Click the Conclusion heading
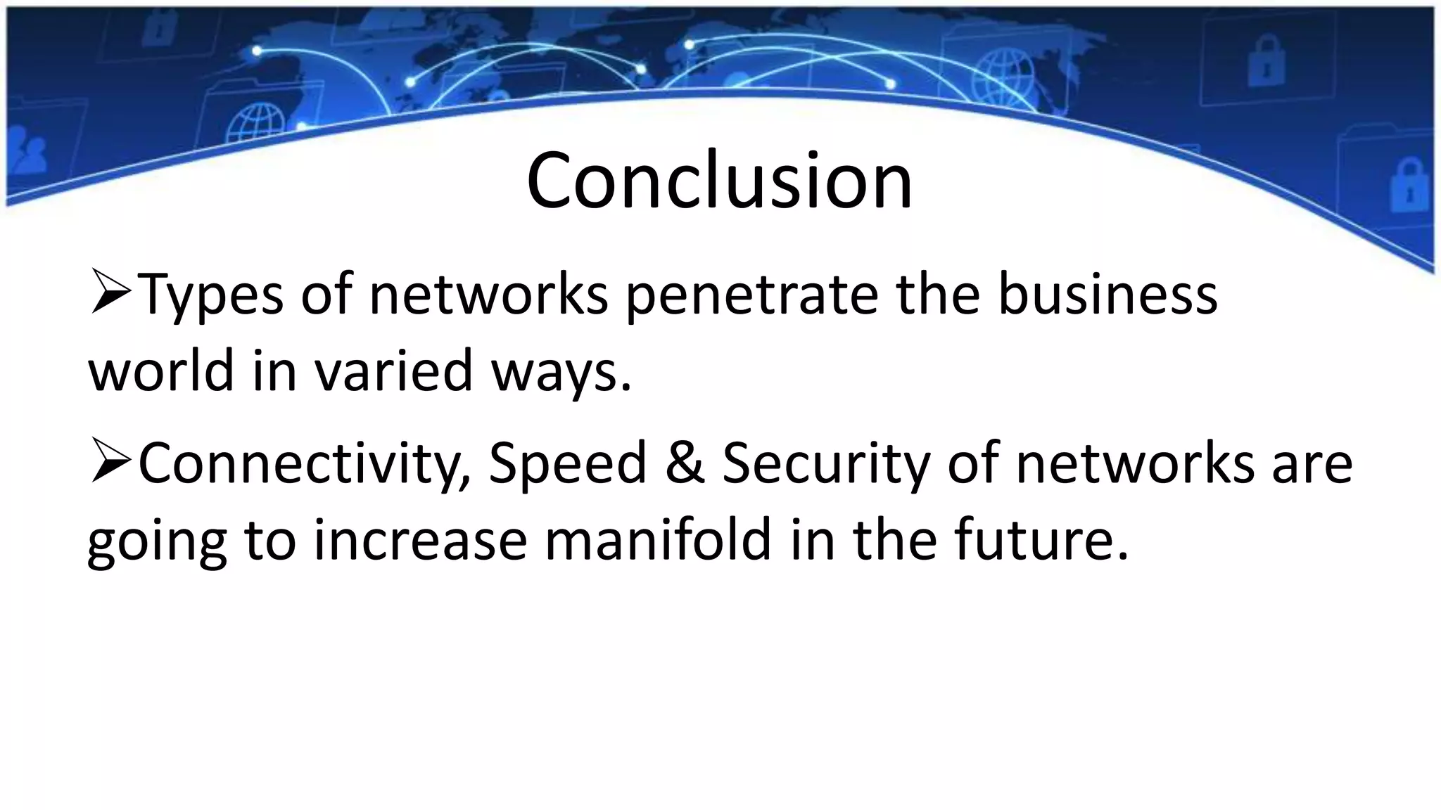719,181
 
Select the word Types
210,295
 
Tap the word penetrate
752,295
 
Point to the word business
1107,295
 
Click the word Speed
567,464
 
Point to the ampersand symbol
685,464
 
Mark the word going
157,541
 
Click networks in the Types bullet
488,295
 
